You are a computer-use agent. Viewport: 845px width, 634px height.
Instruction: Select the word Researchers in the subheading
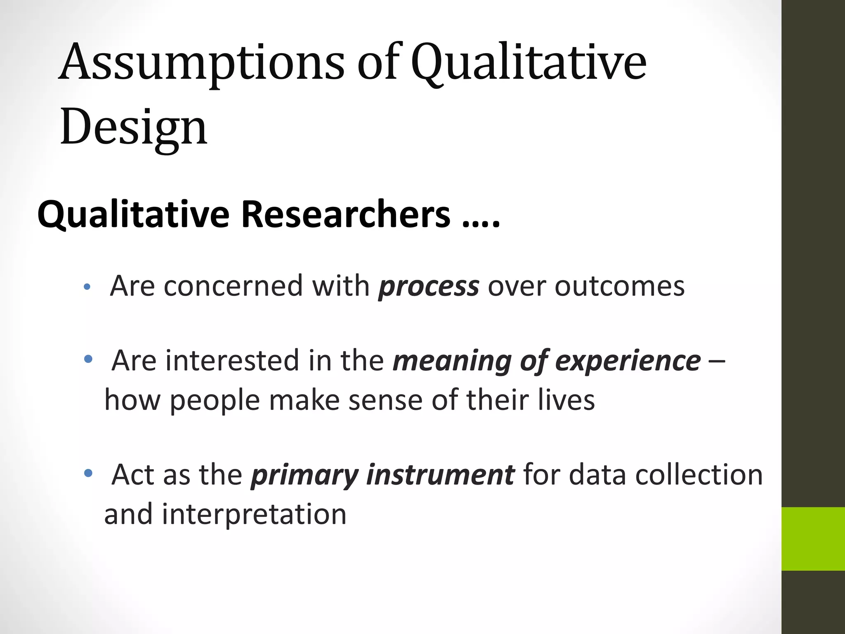[x=346, y=214]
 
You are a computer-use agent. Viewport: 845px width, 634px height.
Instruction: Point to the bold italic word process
[x=429, y=286]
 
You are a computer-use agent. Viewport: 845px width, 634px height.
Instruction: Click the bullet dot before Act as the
[x=88, y=473]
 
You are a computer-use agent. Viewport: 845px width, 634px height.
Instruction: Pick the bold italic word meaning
[x=452, y=361]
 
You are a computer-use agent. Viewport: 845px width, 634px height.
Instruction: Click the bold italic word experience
[x=628, y=361]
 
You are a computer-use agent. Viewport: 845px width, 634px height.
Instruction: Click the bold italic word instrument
[x=440, y=475]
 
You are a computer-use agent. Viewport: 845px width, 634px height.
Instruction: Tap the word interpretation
[x=254, y=514]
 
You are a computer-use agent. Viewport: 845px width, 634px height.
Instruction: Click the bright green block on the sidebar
[x=813, y=539]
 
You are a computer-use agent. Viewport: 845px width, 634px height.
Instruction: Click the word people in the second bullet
[x=215, y=400]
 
